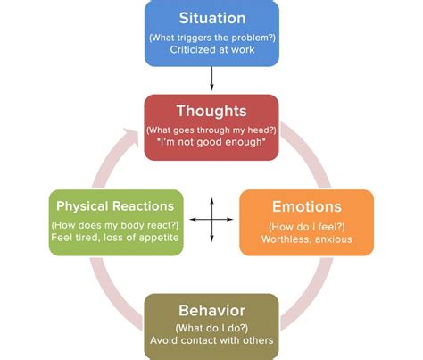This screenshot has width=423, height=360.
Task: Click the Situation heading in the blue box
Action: click(212, 18)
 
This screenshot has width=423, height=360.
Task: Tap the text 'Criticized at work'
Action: click(212, 49)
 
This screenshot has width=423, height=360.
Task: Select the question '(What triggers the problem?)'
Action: click(212, 38)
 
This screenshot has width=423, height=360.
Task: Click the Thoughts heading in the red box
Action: click(211, 111)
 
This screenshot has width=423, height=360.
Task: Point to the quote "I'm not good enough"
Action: click(211, 142)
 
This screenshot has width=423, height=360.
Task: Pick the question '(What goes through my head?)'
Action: click(211, 130)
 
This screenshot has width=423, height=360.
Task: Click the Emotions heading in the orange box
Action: click(307, 206)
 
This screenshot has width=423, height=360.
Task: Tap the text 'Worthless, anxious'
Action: click(307, 239)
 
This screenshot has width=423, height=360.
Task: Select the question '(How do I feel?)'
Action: click(307, 227)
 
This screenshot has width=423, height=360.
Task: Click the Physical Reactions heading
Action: click(115, 206)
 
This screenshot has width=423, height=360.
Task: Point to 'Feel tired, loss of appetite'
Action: click(115, 238)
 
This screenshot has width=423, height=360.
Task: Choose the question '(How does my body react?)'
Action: click(115, 225)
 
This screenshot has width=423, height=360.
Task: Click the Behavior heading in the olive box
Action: click(211, 311)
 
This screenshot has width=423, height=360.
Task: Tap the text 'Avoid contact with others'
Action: click(211, 340)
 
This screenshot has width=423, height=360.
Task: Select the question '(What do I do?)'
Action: click(211, 328)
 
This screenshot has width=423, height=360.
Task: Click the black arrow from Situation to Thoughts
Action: click(211, 79)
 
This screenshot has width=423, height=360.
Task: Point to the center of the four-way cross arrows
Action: click(211, 220)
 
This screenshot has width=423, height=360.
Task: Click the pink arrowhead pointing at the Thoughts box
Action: click(131, 136)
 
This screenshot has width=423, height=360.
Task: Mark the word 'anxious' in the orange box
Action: click(334, 239)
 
